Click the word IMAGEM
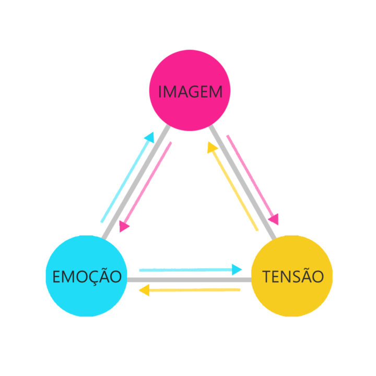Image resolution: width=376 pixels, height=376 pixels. pos(190,92)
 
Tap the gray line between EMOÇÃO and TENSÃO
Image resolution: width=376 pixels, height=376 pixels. pos(189,280)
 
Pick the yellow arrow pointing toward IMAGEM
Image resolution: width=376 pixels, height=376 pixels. pos(233,188)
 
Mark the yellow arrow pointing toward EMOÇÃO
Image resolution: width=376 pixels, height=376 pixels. pos(191,290)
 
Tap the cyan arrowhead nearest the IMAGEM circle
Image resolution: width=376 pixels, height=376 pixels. pos(150,137)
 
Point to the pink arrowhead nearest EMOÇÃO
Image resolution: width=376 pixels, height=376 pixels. pos(124,227)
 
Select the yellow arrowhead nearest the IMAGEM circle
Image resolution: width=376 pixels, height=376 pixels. pos(212,148)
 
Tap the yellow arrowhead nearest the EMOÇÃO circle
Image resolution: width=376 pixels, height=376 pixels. pos(145,290)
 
